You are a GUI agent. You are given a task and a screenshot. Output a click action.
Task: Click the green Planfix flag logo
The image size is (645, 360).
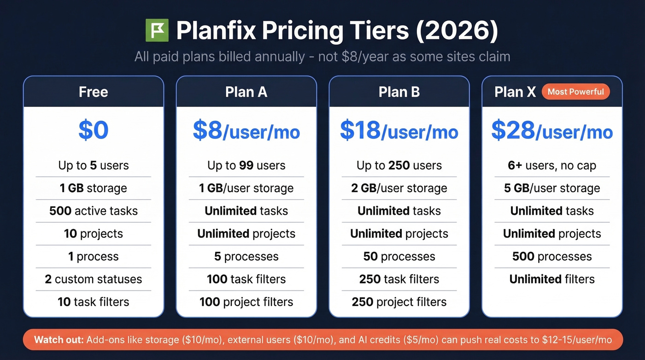click(157, 31)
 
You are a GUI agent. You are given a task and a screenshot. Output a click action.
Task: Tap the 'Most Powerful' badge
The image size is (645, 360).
click(575, 92)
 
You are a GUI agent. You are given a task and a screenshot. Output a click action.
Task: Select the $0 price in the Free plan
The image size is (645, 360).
click(94, 130)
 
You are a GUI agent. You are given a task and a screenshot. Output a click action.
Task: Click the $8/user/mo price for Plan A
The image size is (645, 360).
click(246, 131)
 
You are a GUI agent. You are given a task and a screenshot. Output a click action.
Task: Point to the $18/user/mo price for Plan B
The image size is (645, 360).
click(399, 131)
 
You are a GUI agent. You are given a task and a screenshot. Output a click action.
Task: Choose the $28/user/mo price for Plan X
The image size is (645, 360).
click(552, 131)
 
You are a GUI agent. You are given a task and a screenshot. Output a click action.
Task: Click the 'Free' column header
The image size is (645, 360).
click(94, 92)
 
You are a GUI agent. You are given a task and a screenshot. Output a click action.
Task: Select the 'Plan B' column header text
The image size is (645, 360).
click(399, 92)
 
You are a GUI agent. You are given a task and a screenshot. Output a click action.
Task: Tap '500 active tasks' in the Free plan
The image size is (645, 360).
click(94, 211)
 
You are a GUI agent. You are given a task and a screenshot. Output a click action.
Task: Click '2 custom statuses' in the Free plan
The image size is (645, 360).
click(94, 279)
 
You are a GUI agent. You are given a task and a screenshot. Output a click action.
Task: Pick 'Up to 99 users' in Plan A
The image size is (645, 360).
click(246, 165)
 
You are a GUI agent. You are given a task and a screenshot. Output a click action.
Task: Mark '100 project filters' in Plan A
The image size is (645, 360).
click(246, 302)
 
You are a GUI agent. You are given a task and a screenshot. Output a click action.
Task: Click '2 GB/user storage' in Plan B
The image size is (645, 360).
click(399, 188)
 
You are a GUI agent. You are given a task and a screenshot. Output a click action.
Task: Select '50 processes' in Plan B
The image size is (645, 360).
click(399, 256)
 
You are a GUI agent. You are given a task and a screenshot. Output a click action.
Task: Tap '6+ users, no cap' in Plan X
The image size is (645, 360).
click(552, 165)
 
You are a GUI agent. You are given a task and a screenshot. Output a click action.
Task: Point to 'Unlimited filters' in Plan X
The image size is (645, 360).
click(552, 279)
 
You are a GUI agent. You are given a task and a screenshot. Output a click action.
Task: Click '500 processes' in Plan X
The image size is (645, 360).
click(552, 256)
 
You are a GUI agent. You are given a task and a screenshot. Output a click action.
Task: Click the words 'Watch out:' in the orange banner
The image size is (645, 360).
click(59, 340)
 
